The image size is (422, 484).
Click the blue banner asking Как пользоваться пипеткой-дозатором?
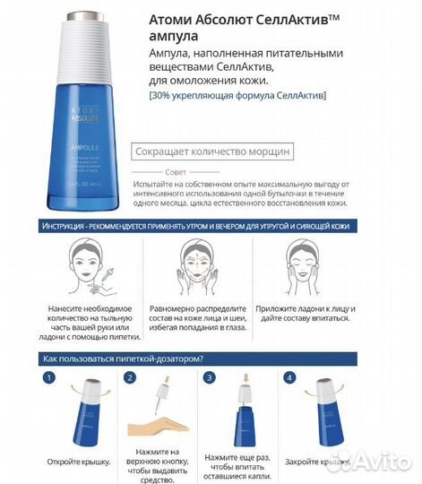[122, 358]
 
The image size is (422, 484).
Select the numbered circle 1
[49, 377]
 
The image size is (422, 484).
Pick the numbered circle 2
[131, 377]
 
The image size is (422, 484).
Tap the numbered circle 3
[209, 377]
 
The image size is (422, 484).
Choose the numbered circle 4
[289, 377]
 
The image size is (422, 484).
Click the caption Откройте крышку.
[80, 461]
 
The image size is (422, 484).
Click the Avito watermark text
[376, 462]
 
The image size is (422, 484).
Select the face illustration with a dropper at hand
[90, 264]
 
